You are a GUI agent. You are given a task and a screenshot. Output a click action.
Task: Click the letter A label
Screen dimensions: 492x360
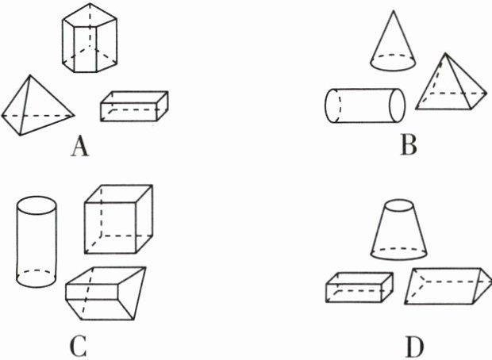(x=78, y=147)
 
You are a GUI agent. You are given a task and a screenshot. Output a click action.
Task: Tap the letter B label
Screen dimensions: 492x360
(x=409, y=146)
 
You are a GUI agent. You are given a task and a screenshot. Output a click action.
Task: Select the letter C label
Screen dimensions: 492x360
(x=78, y=347)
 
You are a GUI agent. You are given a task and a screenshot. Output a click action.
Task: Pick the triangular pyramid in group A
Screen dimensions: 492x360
(x=36, y=107)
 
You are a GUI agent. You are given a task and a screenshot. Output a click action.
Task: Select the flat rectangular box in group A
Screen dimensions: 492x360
(x=134, y=107)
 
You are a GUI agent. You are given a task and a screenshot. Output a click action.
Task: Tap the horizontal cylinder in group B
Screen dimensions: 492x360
(x=365, y=106)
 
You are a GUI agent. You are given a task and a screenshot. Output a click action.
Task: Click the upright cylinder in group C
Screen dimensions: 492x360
(x=37, y=242)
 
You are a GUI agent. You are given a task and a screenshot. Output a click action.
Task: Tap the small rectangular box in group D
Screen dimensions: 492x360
(x=359, y=287)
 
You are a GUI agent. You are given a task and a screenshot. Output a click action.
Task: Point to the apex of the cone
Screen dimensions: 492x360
(x=395, y=13)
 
